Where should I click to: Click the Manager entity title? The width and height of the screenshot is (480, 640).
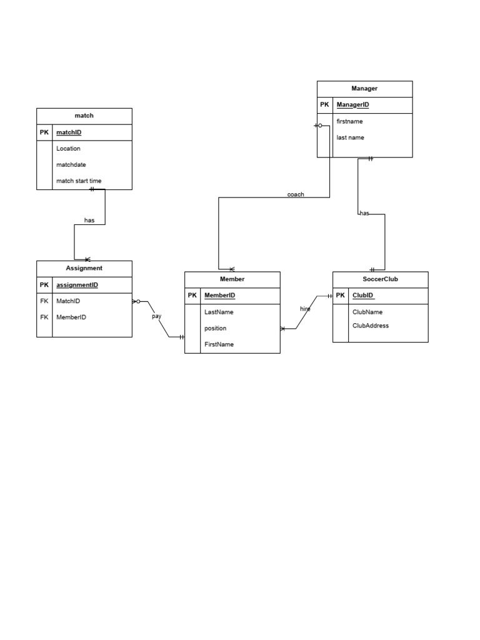coord(364,89)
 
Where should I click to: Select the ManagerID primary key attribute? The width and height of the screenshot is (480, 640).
coord(352,105)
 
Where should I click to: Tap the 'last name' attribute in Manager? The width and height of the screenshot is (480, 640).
coord(350,137)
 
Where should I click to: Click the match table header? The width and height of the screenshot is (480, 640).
coord(84,116)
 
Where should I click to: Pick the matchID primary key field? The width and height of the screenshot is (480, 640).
coord(69,132)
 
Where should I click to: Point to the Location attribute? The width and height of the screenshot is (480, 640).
coord(68,149)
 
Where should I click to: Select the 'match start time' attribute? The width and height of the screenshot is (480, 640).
coord(79,181)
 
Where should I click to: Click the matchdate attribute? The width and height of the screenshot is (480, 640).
coord(71,165)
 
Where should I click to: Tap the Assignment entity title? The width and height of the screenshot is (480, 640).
coord(84,268)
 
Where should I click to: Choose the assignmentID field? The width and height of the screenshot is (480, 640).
coord(77,285)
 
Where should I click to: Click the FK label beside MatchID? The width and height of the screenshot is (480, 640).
coord(44,301)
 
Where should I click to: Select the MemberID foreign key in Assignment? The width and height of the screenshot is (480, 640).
coord(71,317)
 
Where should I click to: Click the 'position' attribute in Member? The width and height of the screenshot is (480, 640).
coord(215,328)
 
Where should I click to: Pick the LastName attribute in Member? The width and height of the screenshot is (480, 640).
coord(218,312)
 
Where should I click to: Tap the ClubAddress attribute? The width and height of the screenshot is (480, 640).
coord(371,326)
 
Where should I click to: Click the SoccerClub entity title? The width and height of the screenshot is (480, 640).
coord(380,279)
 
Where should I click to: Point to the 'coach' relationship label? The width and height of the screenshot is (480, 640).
coord(296,194)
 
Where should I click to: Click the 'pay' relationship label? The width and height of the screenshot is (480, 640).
coord(156,316)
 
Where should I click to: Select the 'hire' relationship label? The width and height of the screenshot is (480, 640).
coord(305,309)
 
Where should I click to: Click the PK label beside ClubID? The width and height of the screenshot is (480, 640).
coord(341,296)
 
